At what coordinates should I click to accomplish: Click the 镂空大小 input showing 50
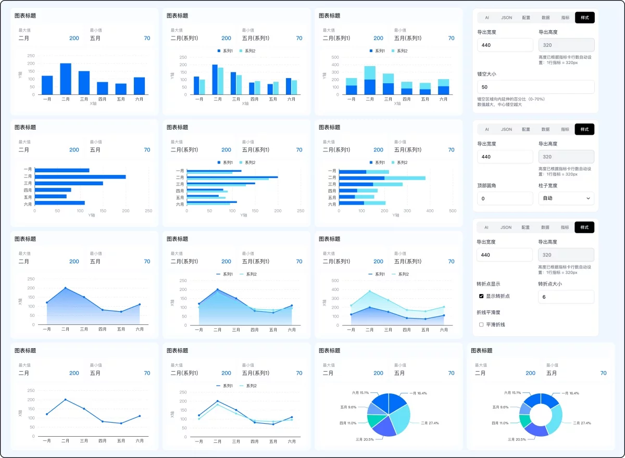(535, 87)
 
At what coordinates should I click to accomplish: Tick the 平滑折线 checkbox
(481, 324)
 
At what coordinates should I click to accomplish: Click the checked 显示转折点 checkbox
(481, 296)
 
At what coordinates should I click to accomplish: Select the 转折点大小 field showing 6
(566, 297)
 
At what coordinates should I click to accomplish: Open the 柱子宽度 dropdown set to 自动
(566, 198)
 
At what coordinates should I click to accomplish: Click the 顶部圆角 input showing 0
(505, 198)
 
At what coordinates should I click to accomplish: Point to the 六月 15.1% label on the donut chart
(512, 393)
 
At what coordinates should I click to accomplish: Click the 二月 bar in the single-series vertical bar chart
(66, 79)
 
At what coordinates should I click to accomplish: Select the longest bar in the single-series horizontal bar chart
(80, 177)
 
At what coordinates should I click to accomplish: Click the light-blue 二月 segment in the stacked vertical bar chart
(370, 73)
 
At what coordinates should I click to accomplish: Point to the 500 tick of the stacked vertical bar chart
(335, 57)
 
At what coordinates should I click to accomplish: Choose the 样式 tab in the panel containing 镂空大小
(584, 18)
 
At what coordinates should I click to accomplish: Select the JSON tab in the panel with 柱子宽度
(506, 129)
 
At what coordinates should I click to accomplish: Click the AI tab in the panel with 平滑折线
(486, 227)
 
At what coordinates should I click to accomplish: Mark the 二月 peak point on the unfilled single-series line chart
(66, 400)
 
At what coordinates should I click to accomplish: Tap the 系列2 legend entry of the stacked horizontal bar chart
(399, 163)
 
